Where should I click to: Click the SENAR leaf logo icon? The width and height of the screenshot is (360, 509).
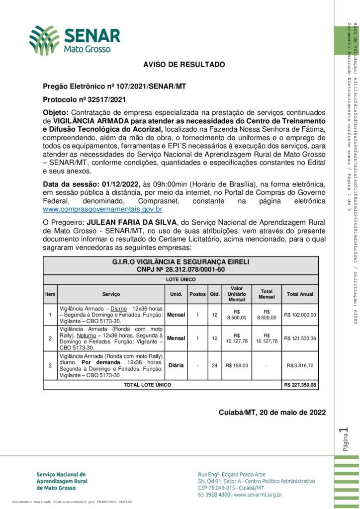(44, 40)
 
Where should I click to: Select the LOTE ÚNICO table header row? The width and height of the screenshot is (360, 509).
(187, 279)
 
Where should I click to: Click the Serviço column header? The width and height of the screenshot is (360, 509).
(111, 294)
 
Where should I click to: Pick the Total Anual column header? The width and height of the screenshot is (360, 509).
(313, 294)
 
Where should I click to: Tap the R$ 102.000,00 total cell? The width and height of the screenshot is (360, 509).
(313, 314)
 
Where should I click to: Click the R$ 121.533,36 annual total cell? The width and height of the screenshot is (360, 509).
(313, 338)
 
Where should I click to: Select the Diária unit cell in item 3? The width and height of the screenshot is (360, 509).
(176, 365)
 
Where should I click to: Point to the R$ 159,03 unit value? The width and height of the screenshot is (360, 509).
(237, 365)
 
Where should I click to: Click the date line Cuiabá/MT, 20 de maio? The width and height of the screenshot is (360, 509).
(271, 412)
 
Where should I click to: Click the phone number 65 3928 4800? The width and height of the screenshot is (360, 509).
(214, 495)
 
